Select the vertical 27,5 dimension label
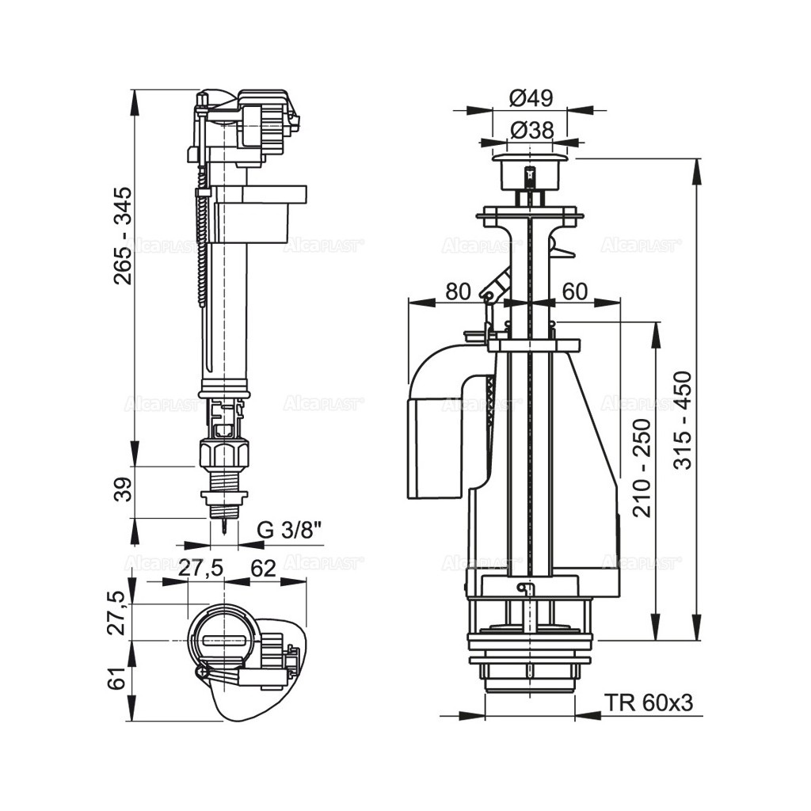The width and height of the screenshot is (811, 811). click(x=119, y=611)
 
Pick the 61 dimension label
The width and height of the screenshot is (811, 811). click(x=119, y=680)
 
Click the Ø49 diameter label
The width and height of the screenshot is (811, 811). click(x=530, y=98)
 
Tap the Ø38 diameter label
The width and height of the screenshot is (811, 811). click(x=531, y=131)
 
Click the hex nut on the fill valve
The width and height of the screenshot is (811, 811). click(x=227, y=456)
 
